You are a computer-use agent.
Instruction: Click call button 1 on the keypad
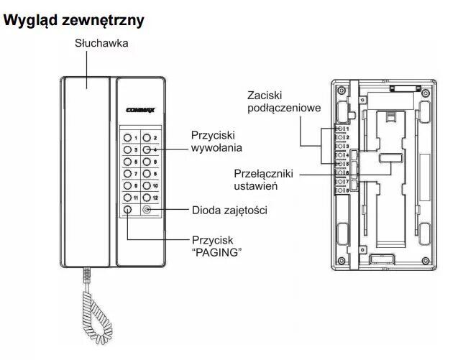coord(127,137)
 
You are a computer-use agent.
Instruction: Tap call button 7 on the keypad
coord(127,173)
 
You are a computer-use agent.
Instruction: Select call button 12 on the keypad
coord(147,198)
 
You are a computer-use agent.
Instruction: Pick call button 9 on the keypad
coord(127,185)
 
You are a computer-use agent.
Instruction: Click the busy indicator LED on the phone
coord(147,211)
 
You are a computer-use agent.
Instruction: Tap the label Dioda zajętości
coord(229,211)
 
